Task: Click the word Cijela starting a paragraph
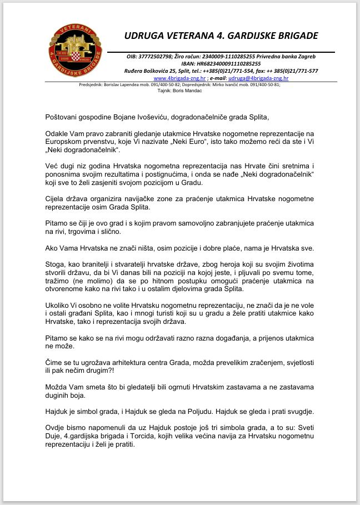pos(57,199)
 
